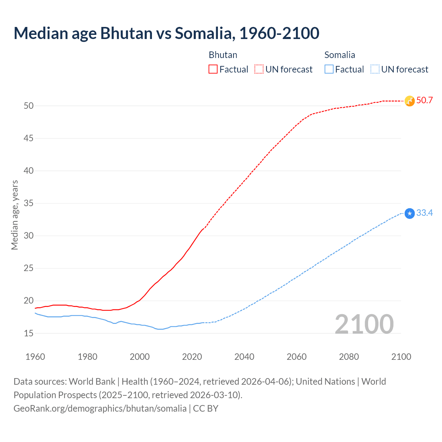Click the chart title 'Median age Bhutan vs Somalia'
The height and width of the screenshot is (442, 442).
coord(166,33)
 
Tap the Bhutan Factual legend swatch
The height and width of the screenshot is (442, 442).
coord(213,69)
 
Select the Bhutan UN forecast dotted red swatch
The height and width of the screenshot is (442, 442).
coord(259,69)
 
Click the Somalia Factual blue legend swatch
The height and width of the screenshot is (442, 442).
coord(329,69)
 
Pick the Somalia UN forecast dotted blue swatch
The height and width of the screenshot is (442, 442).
coord(375,69)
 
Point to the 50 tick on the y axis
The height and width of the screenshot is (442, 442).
coord(29,106)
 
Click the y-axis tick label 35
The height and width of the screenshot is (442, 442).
coord(29,203)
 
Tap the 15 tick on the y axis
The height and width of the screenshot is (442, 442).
coord(29,333)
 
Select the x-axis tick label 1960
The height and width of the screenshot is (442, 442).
coord(35,357)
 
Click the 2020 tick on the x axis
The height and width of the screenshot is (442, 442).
coord(192,357)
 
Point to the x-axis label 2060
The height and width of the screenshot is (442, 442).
coord(297,357)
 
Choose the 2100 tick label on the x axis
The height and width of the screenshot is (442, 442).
coord(401,357)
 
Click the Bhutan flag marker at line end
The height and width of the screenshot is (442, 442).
coord(410,101)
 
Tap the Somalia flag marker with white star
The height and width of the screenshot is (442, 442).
coord(410,214)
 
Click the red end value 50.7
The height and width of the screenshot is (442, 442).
coord(424,100)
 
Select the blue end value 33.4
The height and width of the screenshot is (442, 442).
coord(424,213)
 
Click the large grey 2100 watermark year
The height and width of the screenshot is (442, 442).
coord(364,324)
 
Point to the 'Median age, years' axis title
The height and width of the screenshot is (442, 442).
coord(15,215)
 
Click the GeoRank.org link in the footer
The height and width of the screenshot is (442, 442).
coord(100,409)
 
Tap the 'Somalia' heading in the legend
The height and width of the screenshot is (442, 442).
coord(340,55)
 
